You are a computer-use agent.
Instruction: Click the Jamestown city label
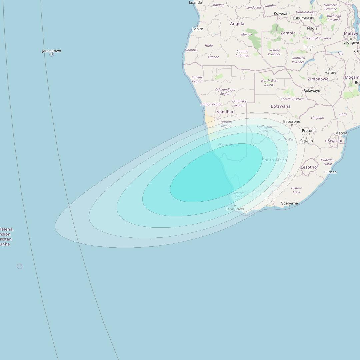point(51,51)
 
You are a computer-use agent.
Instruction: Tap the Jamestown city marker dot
point(52,54)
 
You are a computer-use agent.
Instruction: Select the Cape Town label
point(235,209)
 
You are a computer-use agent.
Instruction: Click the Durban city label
point(330,172)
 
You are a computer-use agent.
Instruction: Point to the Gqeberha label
point(289,203)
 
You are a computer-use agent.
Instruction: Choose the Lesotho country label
point(309,167)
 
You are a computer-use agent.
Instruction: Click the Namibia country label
point(225,112)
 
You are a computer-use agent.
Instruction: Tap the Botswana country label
point(280,106)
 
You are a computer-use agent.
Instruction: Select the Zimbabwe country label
point(318,79)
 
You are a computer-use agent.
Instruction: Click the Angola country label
point(237,24)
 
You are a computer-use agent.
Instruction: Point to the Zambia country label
point(288,33)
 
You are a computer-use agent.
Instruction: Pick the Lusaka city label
point(309,47)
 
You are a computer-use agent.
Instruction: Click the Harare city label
point(330,72)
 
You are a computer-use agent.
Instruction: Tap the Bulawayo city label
point(312,91)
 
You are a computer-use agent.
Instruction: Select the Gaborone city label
point(291,122)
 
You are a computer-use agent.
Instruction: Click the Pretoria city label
point(309,131)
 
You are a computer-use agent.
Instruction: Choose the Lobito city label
point(198,29)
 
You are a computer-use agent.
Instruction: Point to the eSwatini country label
point(333,141)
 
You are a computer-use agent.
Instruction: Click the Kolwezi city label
point(280,13)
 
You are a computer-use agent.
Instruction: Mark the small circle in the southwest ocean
point(20,266)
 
